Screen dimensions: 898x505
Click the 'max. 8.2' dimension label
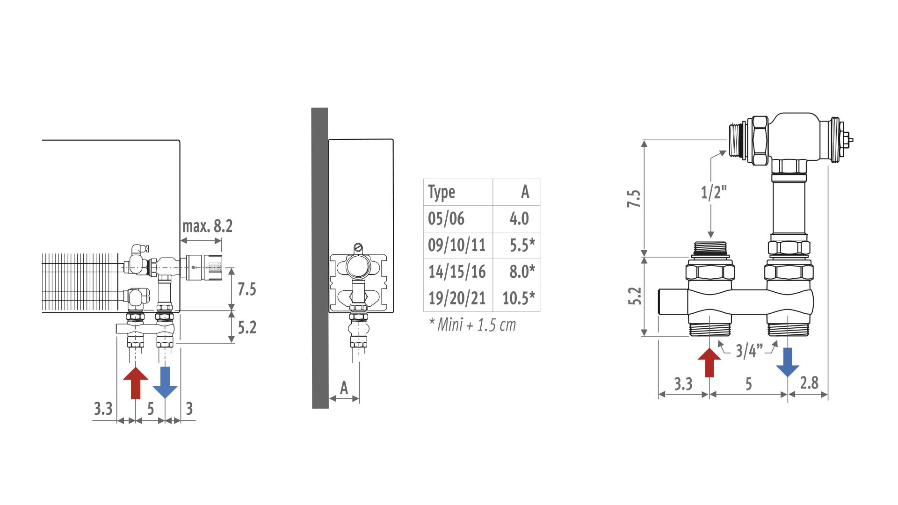pyautogui.click(x=207, y=226)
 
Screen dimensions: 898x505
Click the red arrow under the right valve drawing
pyautogui.click(x=709, y=363)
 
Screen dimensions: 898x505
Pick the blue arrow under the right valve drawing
pyautogui.click(x=788, y=362)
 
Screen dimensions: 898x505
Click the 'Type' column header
pyautogui.click(x=442, y=192)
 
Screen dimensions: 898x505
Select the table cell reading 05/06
pyautogui.click(x=446, y=218)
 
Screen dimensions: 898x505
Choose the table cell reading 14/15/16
pyautogui.click(x=457, y=272)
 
